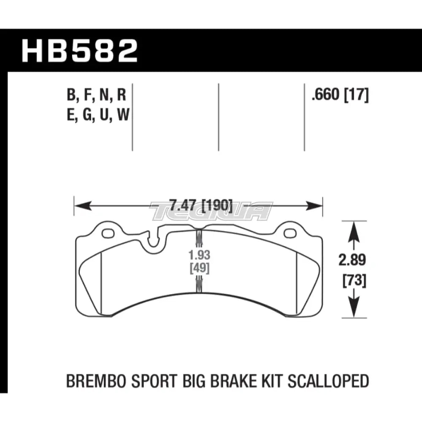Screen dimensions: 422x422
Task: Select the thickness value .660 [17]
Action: (340, 96)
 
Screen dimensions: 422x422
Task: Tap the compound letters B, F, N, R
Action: (97, 96)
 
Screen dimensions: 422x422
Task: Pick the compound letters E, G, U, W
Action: (97, 115)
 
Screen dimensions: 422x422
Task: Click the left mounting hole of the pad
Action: (108, 233)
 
